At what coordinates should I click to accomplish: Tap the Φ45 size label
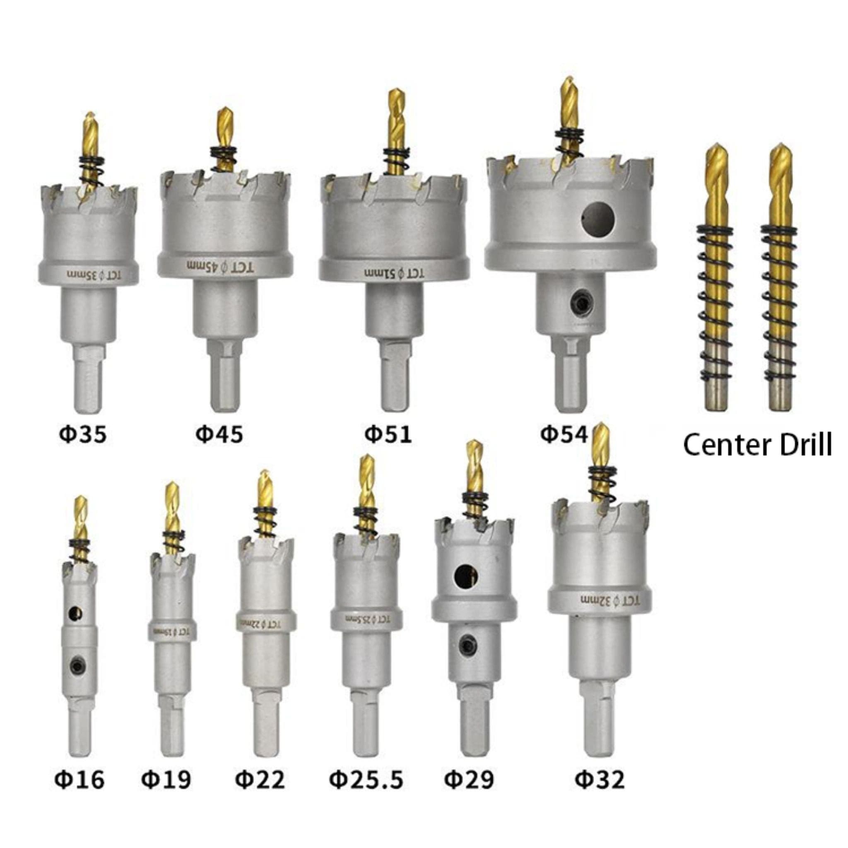219,434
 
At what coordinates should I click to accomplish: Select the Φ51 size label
388,434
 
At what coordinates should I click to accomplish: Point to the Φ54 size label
564,434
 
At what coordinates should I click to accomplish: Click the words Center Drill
757,445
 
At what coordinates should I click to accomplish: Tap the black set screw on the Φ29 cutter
466,644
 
